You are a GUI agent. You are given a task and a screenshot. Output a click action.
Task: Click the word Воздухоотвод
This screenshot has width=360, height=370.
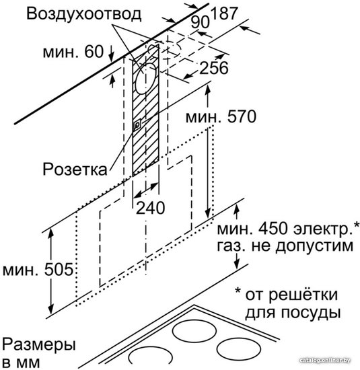click(x=84, y=13)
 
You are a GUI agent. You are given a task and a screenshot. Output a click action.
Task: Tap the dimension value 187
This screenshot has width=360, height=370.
click(x=224, y=13)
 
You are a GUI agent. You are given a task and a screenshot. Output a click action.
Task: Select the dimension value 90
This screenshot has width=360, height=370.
click(x=200, y=22)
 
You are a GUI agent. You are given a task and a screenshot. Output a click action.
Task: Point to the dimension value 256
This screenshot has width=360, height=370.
click(x=214, y=68)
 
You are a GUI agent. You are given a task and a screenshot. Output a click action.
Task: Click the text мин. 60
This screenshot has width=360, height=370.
click(x=73, y=51)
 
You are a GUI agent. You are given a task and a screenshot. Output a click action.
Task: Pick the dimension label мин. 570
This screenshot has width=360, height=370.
click(x=221, y=116)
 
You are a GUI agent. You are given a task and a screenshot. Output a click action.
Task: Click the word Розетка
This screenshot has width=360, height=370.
click(x=75, y=169)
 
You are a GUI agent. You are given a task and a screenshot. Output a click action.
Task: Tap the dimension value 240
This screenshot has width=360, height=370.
click(x=150, y=208)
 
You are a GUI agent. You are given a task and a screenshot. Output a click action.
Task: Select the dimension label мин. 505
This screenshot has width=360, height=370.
click(x=38, y=270)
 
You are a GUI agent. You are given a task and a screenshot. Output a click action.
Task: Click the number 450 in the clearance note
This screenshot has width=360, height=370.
click(x=273, y=229)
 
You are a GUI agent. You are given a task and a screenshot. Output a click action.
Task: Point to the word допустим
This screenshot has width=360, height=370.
click(x=314, y=246)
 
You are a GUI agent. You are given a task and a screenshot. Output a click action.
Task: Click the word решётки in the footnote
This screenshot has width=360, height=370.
click(x=303, y=295)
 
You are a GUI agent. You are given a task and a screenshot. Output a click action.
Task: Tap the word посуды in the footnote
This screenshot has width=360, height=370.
click(x=310, y=313)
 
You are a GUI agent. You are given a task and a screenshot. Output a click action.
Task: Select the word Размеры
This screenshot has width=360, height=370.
click(x=39, y=345)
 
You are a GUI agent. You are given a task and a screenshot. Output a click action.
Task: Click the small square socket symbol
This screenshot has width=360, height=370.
click(x=137, y=125)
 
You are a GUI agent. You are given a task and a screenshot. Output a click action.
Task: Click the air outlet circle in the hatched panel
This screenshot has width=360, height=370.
click(x=145, y=79)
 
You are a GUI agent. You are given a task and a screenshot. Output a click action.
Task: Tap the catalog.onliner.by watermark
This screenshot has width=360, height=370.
click(x=325, y=361)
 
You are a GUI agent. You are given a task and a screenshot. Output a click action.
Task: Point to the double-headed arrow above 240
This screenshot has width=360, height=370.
click(x=145, y=190)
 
